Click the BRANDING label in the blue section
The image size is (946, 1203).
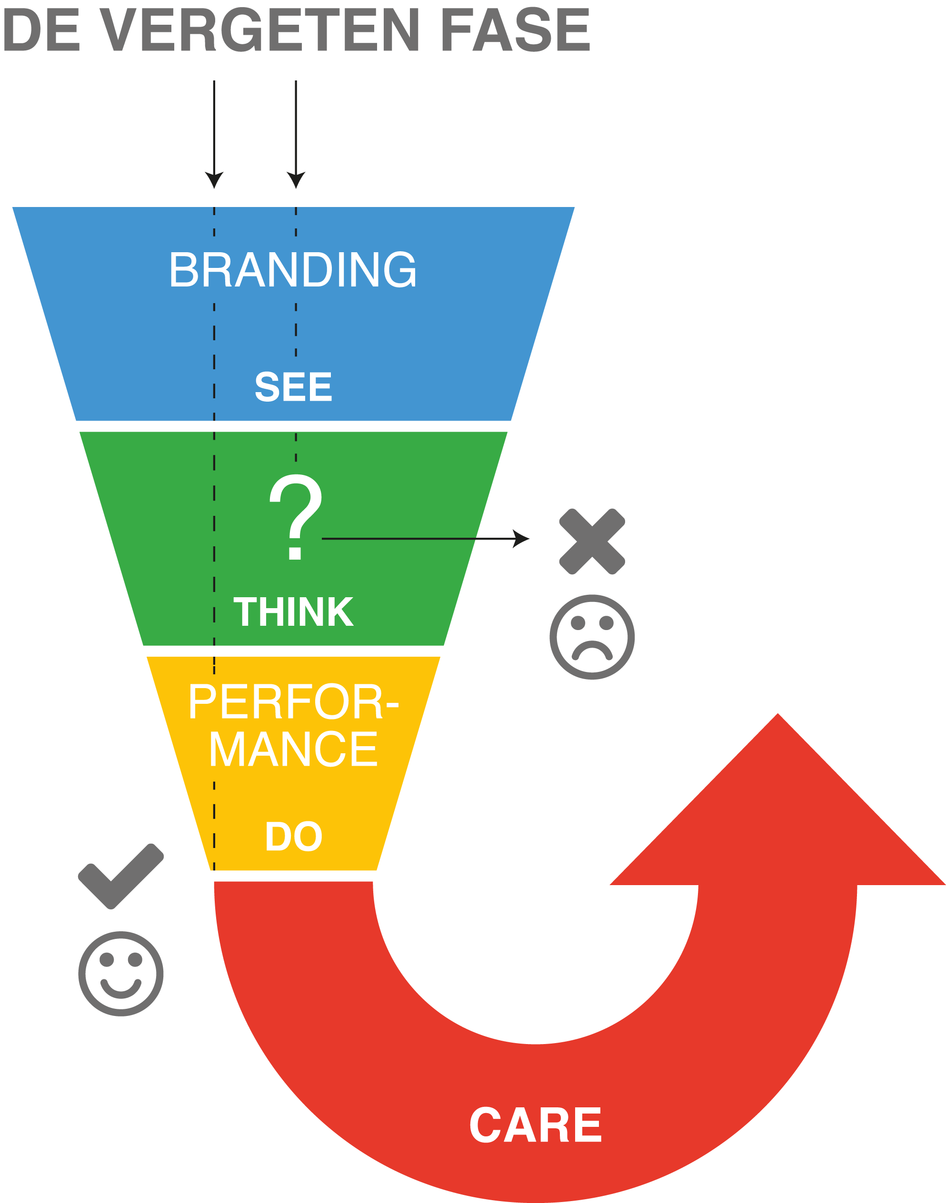(x=292, y=270)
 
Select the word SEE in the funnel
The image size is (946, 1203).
(x=293, y=387)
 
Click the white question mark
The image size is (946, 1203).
(x=295, y=516)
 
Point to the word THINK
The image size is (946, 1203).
(x=293, y=612)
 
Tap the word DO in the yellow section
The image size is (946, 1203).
(x=294, y=837)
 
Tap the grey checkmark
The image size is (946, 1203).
(x=121, y=876)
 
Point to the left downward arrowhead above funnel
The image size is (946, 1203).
(x=214, y=180)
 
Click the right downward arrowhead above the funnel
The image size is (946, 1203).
(x=296, y=180)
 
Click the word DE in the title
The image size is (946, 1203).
(x=42, y=30)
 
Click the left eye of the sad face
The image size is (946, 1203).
(x=578, y=623)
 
